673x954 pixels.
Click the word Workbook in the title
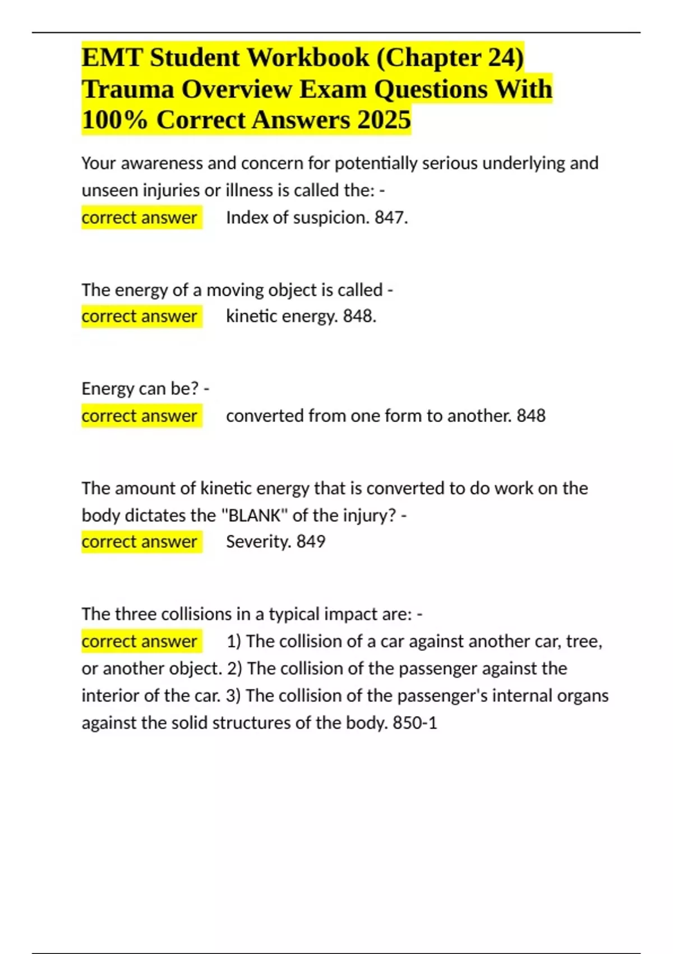pos(308,57)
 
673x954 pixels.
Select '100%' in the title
pos(114,120)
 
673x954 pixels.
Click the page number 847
pos(390,217)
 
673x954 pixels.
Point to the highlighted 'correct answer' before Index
pos(139,217)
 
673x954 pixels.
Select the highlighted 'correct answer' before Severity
pos(139,542)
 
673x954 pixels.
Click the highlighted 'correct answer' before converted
pos(139,416)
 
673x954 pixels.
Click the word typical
pos(292,614)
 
